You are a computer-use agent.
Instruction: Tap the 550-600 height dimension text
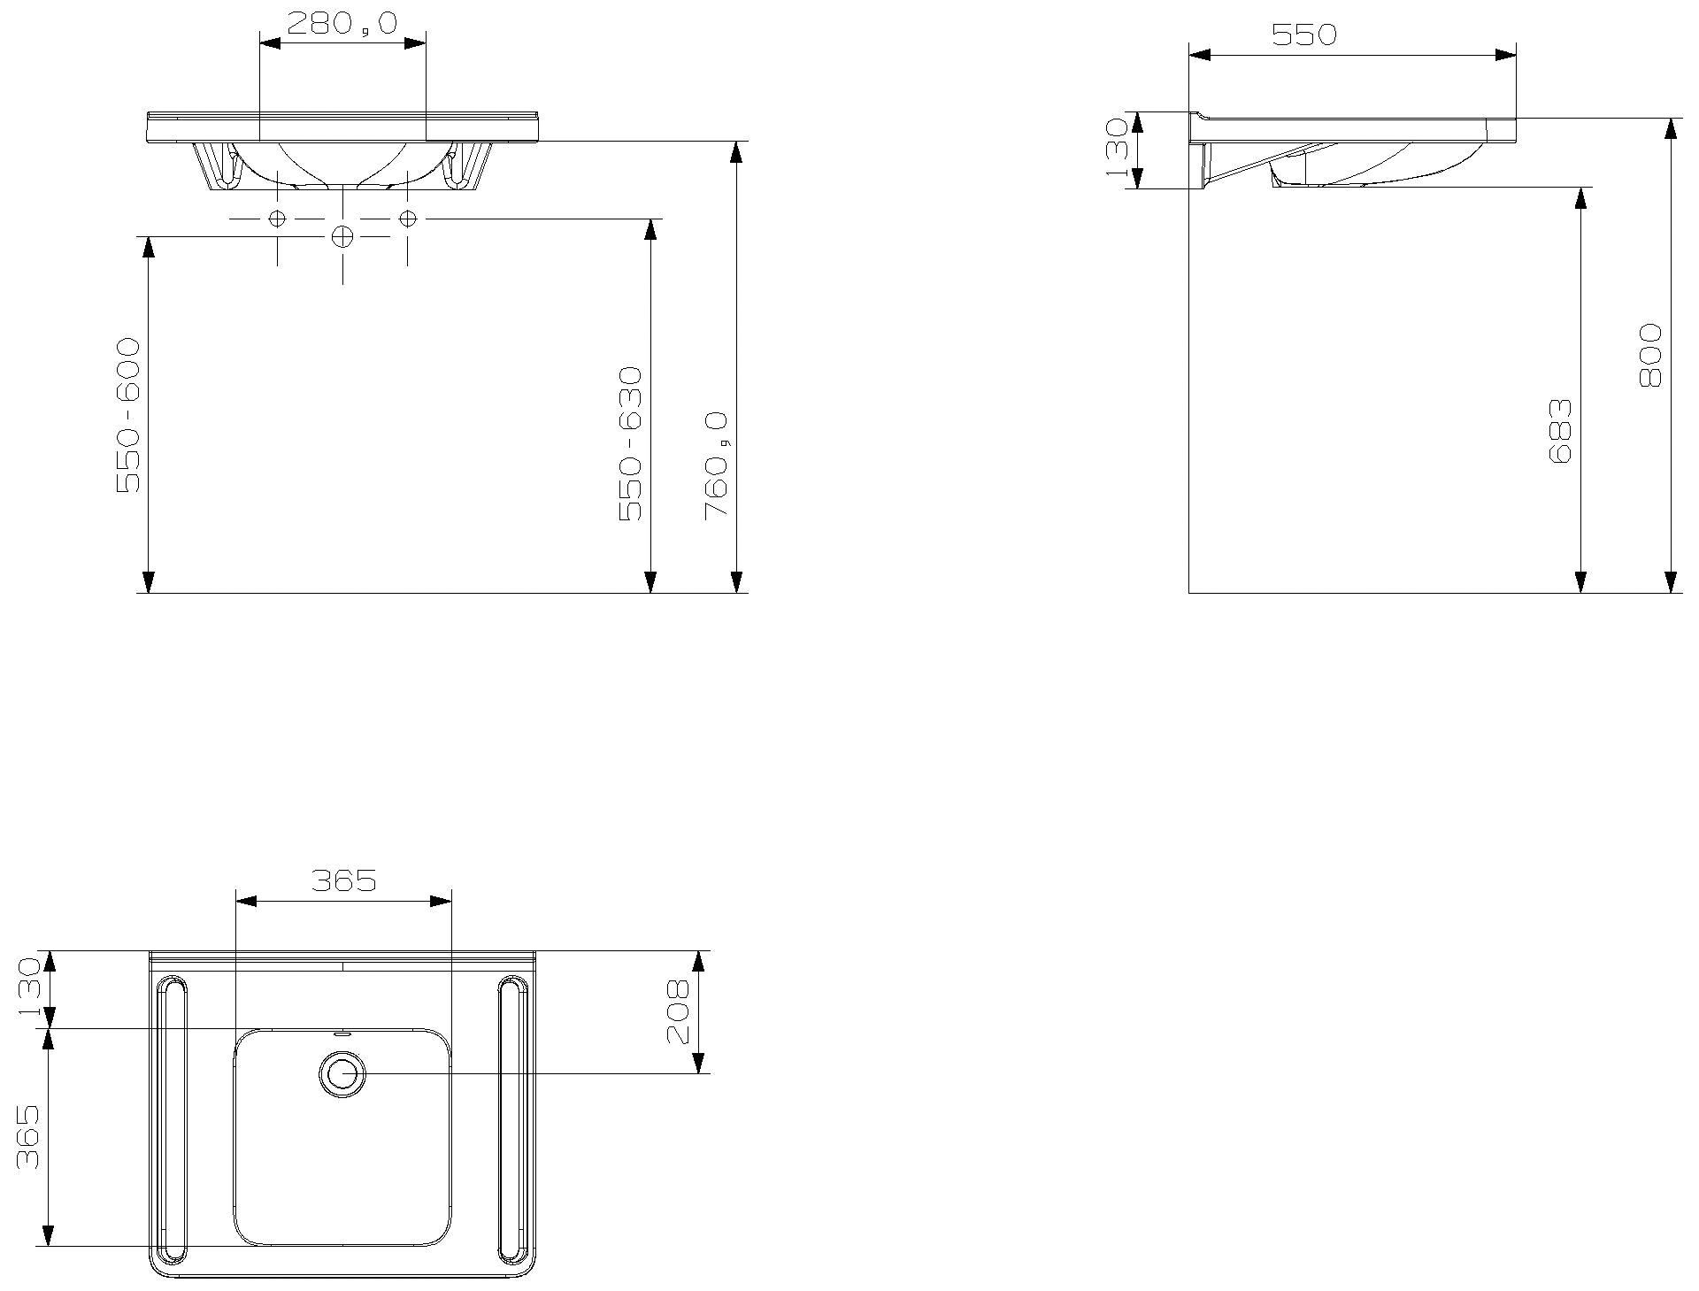point(129,415)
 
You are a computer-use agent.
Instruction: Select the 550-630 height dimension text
point(630,443)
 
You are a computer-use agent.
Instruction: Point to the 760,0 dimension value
point(716,465)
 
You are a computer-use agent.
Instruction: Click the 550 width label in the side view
point(1304,35)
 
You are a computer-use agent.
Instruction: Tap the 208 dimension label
point(678,1011)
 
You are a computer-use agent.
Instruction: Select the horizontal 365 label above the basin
point(344,880)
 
